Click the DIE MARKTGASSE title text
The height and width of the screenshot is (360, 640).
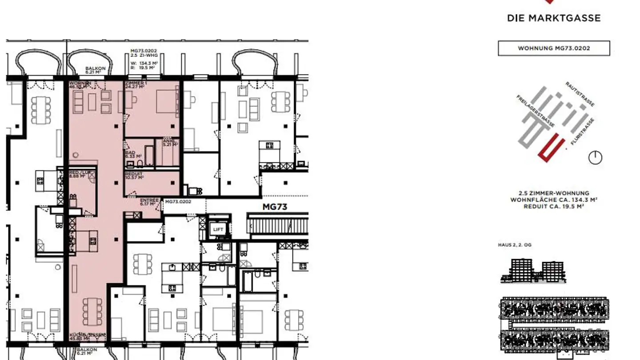553,18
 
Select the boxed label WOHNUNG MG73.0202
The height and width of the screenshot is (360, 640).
554,48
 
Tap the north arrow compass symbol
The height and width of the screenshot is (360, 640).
595,158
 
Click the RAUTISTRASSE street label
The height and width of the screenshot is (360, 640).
580,94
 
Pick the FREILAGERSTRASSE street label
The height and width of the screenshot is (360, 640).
535,111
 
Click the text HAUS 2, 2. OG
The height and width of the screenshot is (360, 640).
514,245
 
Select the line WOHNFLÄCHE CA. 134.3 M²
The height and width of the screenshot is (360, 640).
553,200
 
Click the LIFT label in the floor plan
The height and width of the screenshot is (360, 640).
218,230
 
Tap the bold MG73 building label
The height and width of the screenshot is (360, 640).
274,207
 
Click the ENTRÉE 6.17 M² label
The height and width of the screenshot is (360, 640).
149,202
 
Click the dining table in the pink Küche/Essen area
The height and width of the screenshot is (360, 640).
92,313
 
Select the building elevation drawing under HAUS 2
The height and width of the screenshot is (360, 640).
533,271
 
